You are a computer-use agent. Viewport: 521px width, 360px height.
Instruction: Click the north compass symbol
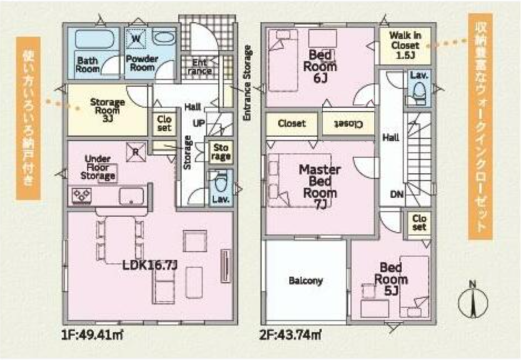click(x=473, y=301)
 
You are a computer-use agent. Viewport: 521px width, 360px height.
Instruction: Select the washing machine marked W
click(x=136, y=38)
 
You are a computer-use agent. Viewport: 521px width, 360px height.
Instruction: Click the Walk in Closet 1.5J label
click(x=405, y=45)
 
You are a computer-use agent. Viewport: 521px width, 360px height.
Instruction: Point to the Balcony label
click(x=305, y=281)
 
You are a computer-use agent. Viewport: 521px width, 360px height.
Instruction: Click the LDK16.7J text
click(x=150, y=265)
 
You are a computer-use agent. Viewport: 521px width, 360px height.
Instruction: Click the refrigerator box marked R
click(x=136, y=152)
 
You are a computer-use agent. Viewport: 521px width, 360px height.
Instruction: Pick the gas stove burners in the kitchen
click(x=82, y=195)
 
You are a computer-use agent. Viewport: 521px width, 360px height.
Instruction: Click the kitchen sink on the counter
click(x=132, y=196)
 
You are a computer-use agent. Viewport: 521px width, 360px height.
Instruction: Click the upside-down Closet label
click(x=348, y=124)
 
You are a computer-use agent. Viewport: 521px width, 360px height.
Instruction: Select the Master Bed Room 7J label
click(x=319, y=187)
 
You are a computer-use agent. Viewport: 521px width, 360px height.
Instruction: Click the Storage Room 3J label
click(x=107, y=109)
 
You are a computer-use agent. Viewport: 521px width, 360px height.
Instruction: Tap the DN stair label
click(x=397, y=194)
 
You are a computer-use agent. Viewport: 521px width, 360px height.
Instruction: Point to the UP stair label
click(x=199, y=123)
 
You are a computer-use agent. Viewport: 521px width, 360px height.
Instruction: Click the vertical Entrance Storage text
click(x=247, y=83)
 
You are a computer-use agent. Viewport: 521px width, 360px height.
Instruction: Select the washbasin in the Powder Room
click(x=163, y=37)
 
